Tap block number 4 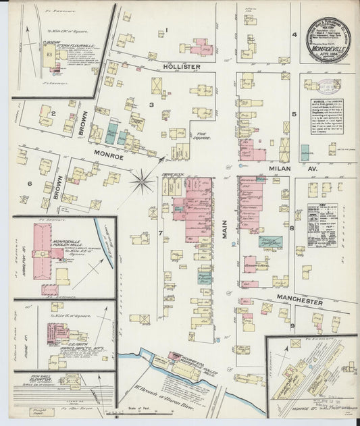pos(294,34)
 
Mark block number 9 pos(292,327)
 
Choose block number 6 pos(30,183)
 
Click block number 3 pos(152,105)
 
